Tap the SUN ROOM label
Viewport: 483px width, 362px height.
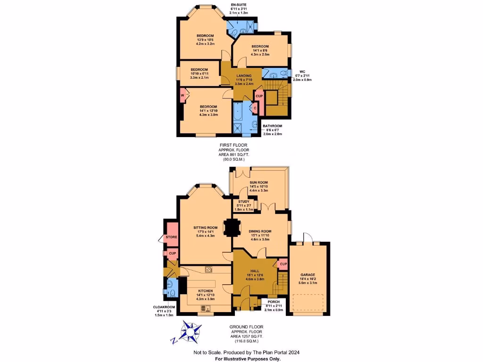(259, 182)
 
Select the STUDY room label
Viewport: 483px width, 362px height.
(244, 201)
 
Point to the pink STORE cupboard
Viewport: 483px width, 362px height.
(171, 237)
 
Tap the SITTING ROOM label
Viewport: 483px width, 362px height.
(204, 228)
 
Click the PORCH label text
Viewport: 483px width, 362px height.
(274, 302)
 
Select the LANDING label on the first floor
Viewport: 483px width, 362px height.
(244, 75)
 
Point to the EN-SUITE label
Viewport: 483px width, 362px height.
(238, 5)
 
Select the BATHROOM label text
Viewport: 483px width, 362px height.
(272, 126)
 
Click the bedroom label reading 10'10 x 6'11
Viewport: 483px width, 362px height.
(200, 70)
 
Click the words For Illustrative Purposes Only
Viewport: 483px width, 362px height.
(248, 359)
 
